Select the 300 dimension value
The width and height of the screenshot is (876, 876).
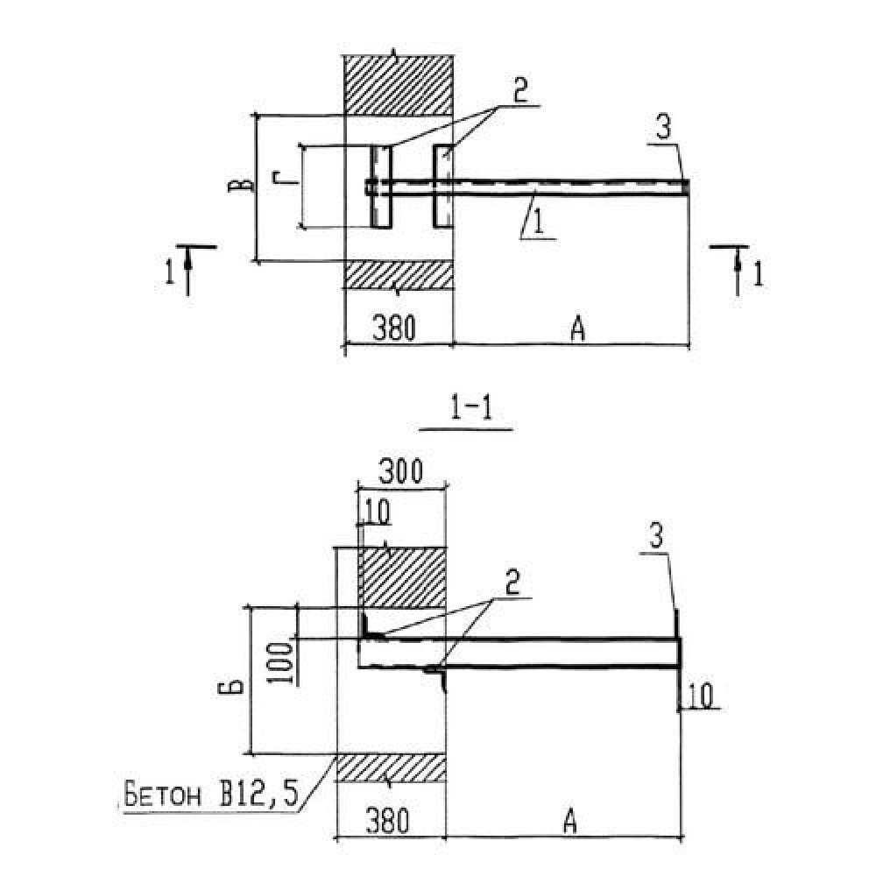tap(402, 473)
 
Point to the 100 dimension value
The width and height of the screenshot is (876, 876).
tap(279, 662)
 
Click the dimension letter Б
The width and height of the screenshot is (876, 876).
tap(225, 678)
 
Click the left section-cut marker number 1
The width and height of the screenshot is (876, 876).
tap(169, 273)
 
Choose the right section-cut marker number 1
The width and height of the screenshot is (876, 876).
tap(758, 274)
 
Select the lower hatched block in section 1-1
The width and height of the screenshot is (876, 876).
tap(391, 766)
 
